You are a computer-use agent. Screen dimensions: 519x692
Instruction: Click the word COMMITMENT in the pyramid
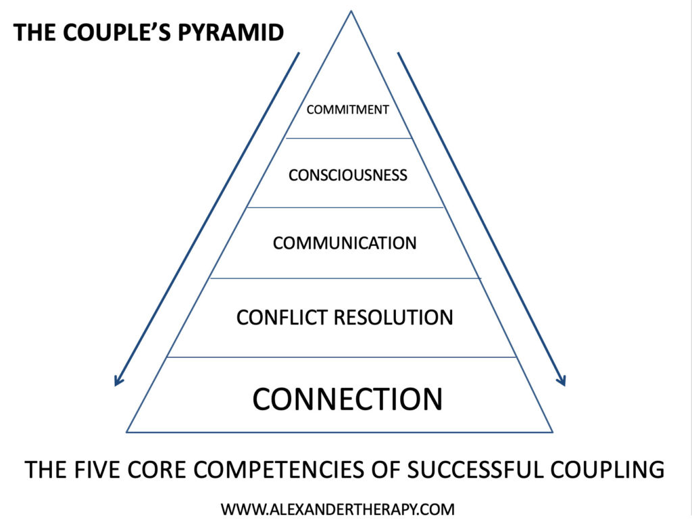click(347, 109)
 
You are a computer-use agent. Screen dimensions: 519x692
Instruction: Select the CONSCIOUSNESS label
click(347, 175)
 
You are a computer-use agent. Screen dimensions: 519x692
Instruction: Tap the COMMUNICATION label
click(345, 243)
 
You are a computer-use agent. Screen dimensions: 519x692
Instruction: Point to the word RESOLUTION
click(394, 317)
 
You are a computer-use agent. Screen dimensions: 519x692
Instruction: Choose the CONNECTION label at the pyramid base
click(347, 399)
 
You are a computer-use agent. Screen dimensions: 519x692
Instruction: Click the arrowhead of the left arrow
click(118, 382)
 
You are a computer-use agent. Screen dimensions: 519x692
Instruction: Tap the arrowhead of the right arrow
click(562, 382)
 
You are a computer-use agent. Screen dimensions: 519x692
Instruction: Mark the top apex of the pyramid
click(351, 11)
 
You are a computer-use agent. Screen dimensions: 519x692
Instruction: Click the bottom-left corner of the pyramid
click(128, 432)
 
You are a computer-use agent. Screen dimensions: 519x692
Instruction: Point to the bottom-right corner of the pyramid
click(552, 432)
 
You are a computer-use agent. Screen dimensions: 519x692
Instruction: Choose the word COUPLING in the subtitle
click(610, 469)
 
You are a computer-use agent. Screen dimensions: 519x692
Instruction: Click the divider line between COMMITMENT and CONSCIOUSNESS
click(348, 138)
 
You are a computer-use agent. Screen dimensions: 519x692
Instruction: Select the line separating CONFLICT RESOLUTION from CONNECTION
click(341, 357)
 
